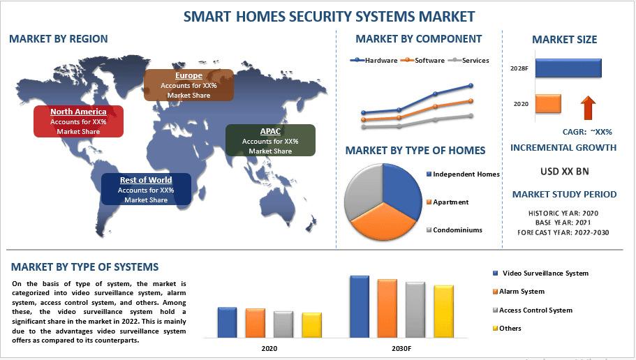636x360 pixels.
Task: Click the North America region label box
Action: [78, 121]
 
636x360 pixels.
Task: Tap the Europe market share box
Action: [188, 85]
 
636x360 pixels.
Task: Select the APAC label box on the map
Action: [270, 140]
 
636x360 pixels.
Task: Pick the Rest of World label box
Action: [146, 189]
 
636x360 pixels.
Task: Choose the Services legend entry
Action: [468, 61]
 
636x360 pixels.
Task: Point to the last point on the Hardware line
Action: [471, 86]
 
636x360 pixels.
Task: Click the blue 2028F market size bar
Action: [568, 68]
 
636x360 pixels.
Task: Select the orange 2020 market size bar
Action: [548, 104]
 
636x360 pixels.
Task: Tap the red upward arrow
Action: [588, 108]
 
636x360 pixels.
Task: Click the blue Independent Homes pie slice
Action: [401, 190]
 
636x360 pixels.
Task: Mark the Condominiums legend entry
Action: [454, 230]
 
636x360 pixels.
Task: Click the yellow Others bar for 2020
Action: [312, 325]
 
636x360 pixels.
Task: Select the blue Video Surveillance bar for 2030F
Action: [360, 307]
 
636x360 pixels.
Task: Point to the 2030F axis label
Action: [401, 348]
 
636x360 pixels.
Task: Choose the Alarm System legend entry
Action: [519, 292]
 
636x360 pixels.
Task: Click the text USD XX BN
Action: [564, 172]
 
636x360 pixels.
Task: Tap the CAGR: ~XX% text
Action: [587, 132]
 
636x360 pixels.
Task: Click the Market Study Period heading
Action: [564, 194]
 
